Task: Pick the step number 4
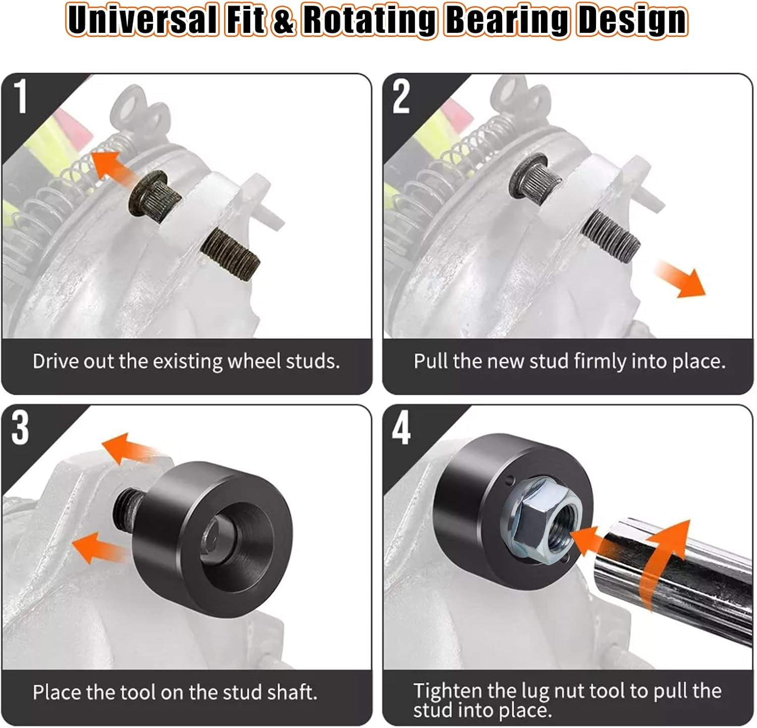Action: pyautogui.click(x=401, y=429)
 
